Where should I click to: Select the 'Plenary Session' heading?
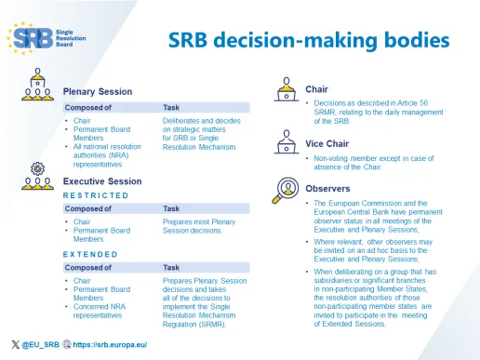[x=98, y=91]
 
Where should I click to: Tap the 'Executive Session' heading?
[x=102, y=180]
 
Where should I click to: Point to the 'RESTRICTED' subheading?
[x=96, y=195]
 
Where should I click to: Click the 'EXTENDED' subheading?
[x=89, y=253]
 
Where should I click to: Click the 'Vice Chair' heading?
[x=327, y=143]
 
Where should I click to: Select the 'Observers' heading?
[x=327, y=187]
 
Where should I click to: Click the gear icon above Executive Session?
[x=38, y=167]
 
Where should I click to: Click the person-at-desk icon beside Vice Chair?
[x=284, y=141]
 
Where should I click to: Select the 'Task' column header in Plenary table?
[x=171, y=107]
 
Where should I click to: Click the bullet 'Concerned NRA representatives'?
[x=100, y=311]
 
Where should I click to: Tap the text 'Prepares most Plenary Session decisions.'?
[x=198, y=228]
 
